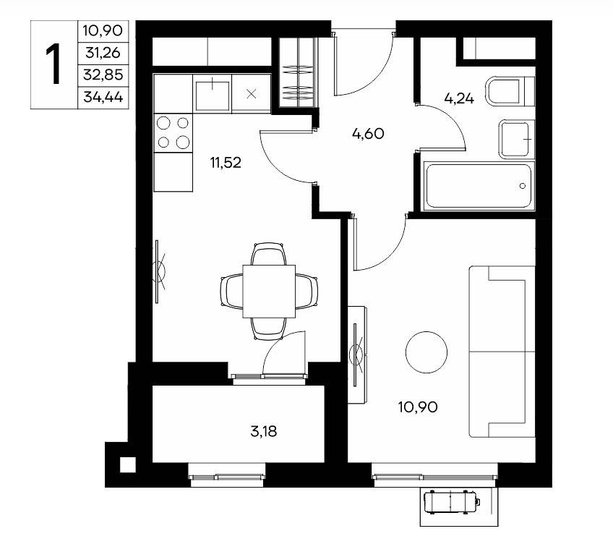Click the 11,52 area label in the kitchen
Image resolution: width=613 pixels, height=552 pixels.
coord(226,162)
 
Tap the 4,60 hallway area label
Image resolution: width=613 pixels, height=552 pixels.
coord(368,134)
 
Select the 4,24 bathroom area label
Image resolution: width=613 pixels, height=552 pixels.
coord(459,98)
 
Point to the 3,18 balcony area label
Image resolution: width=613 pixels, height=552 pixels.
coord(264,431)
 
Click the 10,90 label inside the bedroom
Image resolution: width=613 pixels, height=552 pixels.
coord(418,407)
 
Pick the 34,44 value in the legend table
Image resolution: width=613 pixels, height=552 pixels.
coord(103,97)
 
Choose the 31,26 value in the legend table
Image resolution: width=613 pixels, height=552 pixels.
coord(103,52)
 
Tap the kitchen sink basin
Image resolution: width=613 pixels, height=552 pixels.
coord(213,95)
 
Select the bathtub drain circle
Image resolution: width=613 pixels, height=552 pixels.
coord(523,186)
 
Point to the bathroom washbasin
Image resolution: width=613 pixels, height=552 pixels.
coord(516,140)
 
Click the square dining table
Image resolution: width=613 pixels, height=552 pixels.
coord(269,291)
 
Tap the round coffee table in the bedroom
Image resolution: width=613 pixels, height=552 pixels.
coord(426,352)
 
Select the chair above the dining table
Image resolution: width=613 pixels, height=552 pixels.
coord(269,253)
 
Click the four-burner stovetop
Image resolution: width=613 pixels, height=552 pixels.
coord(173,133)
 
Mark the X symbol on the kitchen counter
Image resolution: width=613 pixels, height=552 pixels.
coord(252,94)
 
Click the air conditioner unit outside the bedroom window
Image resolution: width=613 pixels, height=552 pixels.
coord(452,502)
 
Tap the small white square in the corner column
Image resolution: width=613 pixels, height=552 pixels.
coord(127,464)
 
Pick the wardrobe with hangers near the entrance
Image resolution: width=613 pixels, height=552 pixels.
coord(298,72)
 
